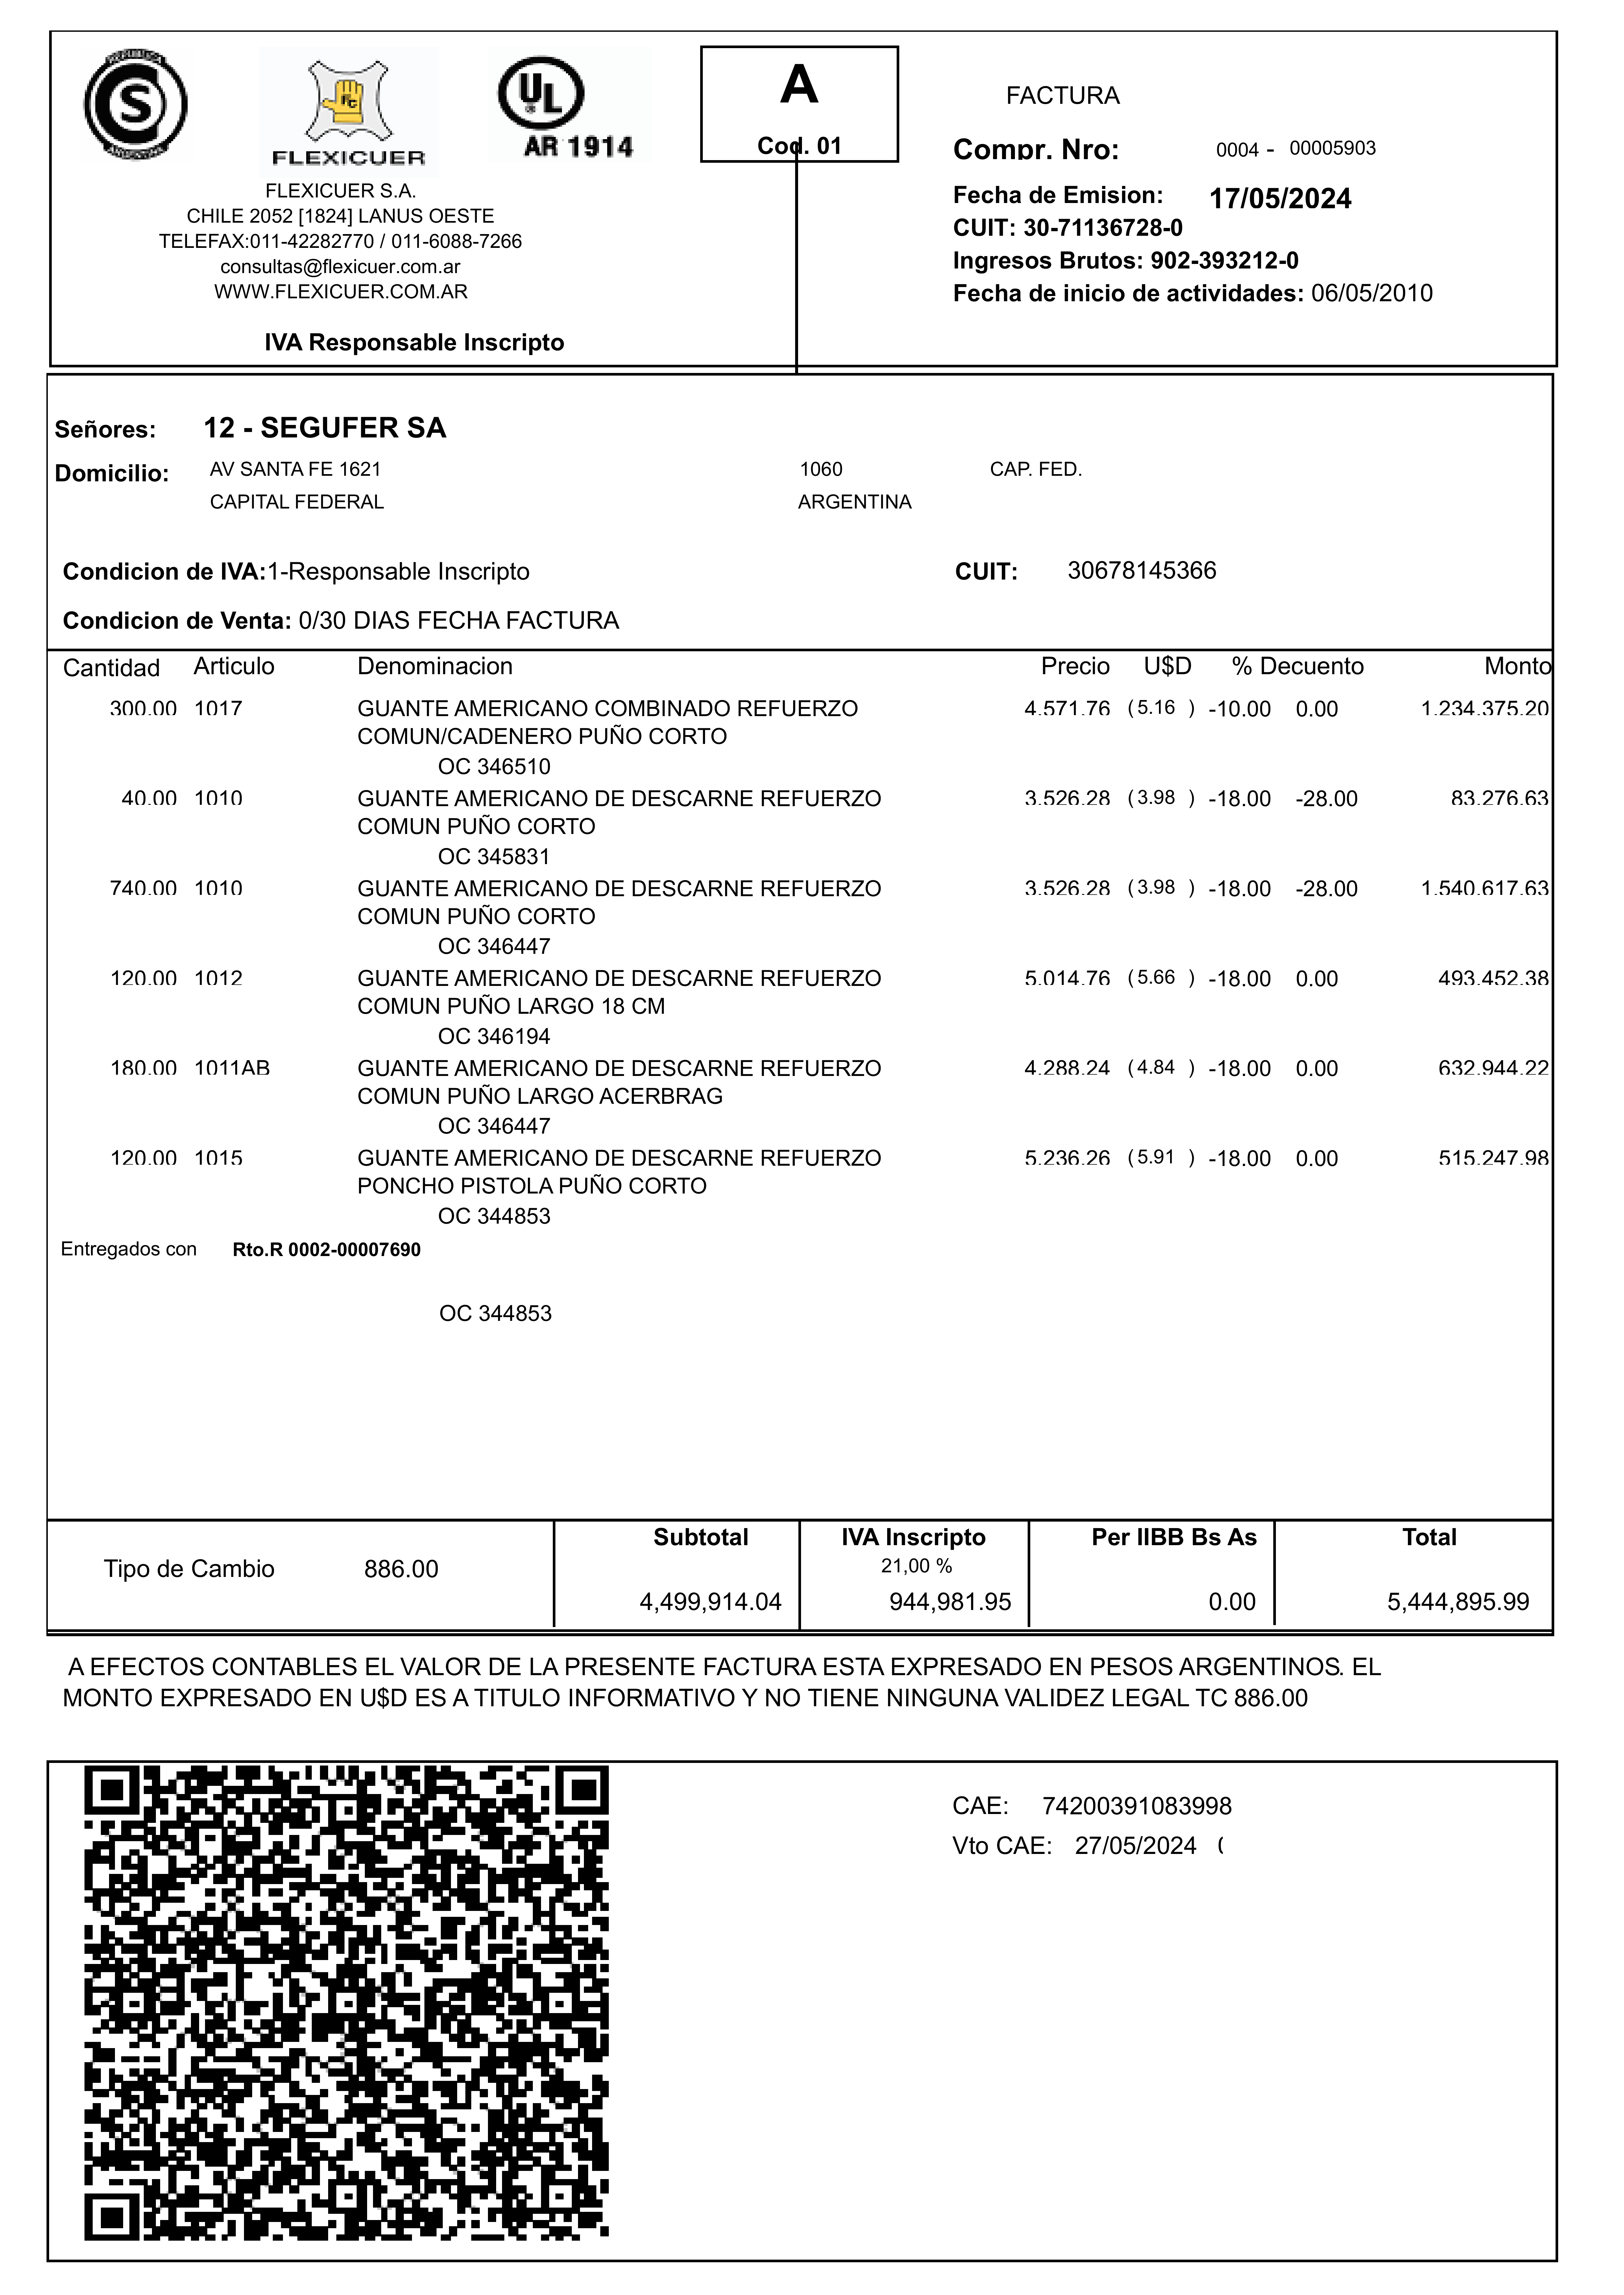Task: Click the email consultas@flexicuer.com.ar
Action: (x=340, y=267)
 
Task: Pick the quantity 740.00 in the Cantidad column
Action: (x=143, y=889)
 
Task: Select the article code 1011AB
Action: (x=232, y=1068)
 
